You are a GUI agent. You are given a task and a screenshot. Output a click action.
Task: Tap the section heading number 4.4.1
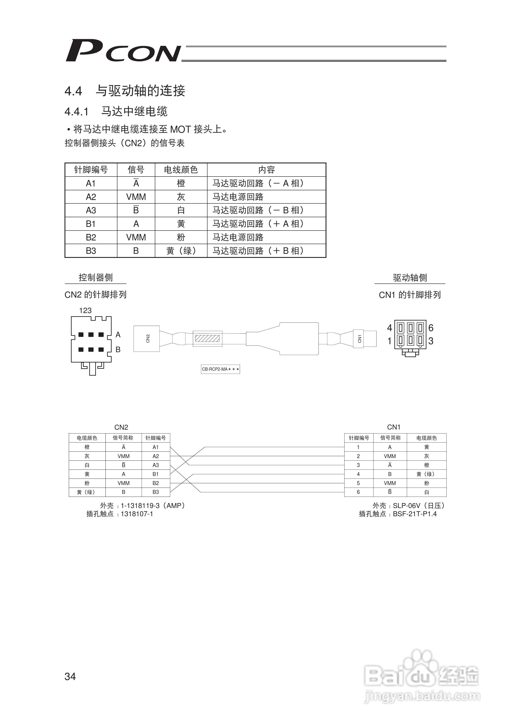coord(76,112)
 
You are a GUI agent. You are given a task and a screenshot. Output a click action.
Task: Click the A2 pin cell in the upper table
coord(91,197)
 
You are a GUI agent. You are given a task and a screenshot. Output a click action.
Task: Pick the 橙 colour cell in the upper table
coord(181,183)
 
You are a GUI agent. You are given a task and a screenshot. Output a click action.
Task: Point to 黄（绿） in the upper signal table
coord(181,251)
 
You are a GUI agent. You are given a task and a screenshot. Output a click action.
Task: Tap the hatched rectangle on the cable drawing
coord(207,339)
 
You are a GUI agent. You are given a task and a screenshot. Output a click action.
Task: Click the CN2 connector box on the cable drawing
coord(147,339)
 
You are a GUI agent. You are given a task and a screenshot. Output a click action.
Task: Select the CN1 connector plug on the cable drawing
coord(360,339)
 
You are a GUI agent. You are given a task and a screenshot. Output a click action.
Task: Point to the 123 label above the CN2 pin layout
coord(85,310)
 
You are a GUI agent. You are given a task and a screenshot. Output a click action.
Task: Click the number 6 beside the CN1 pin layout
coord(431,328)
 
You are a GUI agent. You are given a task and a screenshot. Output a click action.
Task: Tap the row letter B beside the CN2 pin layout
coord(118,349)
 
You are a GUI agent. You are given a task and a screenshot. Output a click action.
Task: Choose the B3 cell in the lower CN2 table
coord(155,492)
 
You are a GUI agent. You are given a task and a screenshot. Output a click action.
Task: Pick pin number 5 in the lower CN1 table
coord(358,483)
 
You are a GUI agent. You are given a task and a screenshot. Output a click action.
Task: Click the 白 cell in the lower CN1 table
coord(426,492)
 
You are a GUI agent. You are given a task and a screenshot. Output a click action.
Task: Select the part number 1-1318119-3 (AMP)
coord(153,506)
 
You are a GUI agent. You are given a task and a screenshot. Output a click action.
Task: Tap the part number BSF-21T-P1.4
coord(415,514)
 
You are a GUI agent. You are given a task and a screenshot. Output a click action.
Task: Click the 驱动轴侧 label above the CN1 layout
coord(410,277)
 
